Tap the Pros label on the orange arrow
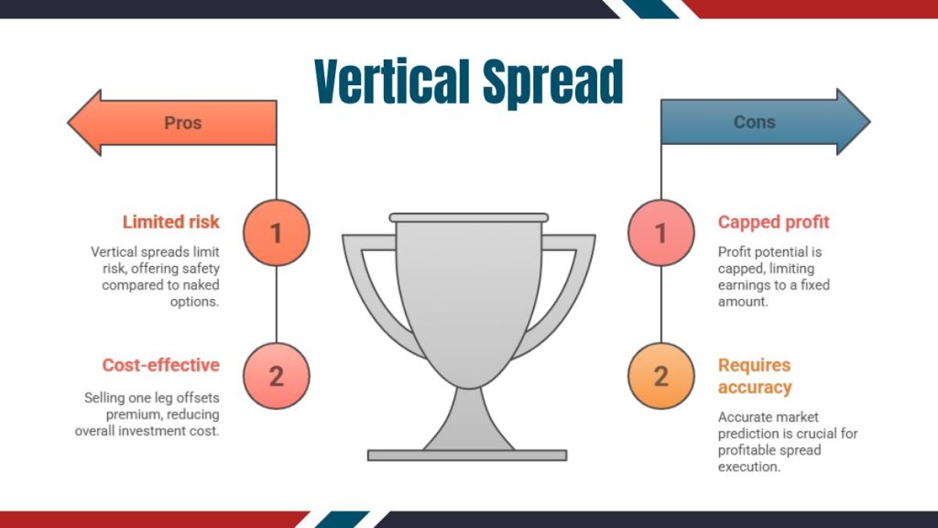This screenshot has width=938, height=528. click(182, 122)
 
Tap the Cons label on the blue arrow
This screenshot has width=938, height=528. click(754, 122)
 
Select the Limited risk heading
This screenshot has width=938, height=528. click(171, 222)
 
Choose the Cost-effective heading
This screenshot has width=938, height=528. click(161, 365)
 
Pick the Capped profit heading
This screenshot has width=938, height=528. click(773, 222)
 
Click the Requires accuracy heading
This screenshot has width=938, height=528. click(754, 376)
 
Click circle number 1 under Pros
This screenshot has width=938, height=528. click(277, 233)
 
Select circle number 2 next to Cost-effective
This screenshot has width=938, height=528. click(277, 376)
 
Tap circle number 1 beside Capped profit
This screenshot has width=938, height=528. click(660, 233)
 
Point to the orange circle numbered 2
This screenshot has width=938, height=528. click(660, 376)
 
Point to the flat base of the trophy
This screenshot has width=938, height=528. click(467, 455)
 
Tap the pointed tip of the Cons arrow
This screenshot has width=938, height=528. click(867, 122)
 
